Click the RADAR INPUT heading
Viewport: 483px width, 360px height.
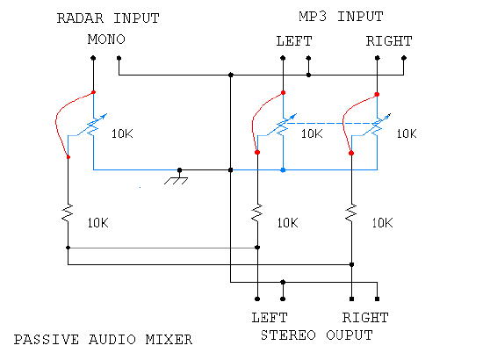coord(108,18)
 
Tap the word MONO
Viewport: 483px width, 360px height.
coord(106,40)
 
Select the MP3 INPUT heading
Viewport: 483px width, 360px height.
coord(341,17)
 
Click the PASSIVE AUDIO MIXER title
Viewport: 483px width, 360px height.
coord(104,340)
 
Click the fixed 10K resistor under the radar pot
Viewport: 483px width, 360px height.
coord(68,212)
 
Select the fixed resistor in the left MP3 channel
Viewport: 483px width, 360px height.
coord(257,212)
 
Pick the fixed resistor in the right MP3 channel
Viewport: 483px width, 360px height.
coord(351,212)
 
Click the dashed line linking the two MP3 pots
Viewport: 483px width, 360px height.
coord(330,123)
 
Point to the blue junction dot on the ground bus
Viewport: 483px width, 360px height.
coord(283,170)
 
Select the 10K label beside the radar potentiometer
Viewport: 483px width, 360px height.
coord(122,134)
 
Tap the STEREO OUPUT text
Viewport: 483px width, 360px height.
coord(317,335)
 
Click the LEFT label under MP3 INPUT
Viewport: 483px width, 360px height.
coord(294,41)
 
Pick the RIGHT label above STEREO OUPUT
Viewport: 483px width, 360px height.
coord(365,318)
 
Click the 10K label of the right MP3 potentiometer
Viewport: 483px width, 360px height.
coord(407,134)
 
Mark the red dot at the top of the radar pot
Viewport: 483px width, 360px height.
coord(93,92)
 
